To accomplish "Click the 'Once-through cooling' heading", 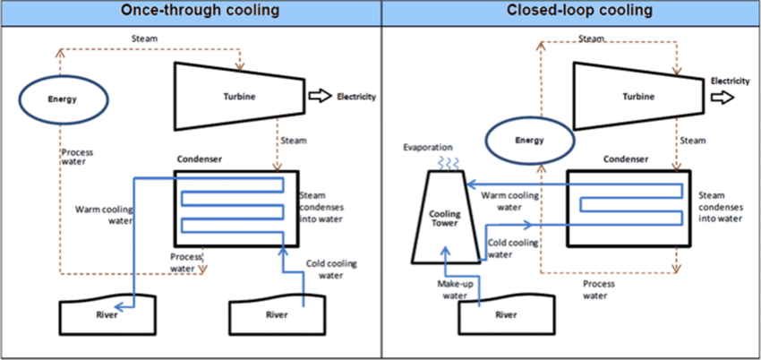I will (x=190, y=12).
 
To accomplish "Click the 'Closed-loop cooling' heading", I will (x=570, y=12).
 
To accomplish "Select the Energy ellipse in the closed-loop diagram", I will (x=528, y=141).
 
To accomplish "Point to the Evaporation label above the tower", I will (x=427, y=147).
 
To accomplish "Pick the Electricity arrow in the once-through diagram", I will (x=318, y=96).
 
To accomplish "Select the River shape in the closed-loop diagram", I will (x=506, y=315).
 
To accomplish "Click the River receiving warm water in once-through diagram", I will (x=107, y=315).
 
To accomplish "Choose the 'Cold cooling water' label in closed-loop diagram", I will (x=513, y=248).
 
